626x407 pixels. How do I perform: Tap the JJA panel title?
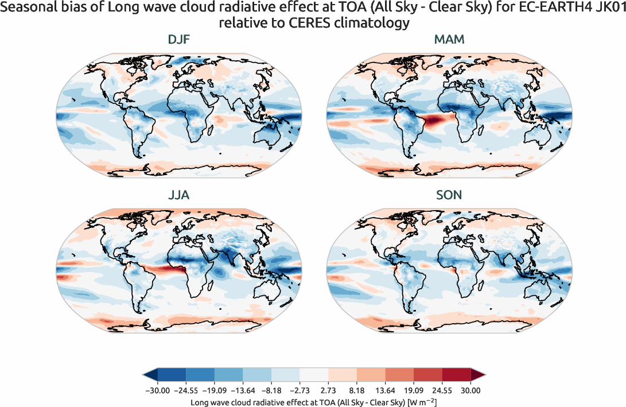tap(179, 196)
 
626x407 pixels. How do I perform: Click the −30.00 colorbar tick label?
tap(158, 391)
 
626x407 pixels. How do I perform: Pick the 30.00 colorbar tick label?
tap(471, 391)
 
